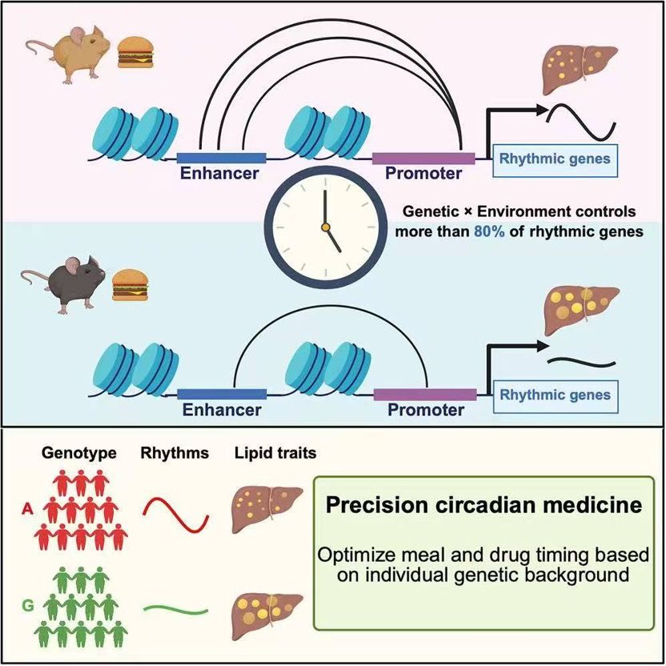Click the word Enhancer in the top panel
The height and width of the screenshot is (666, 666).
219,173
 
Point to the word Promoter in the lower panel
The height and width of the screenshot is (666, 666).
425,410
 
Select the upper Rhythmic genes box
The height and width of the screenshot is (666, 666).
555,158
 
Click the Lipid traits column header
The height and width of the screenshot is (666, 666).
275,453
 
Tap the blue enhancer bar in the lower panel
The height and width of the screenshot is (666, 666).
221,394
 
